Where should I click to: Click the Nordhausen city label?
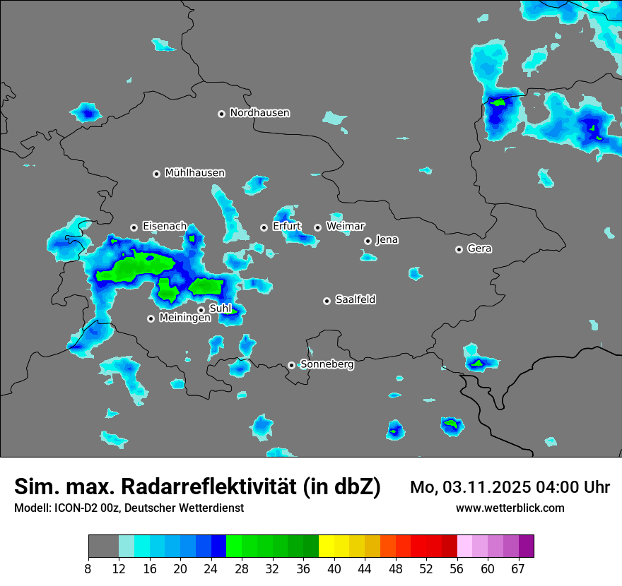coord(259,113)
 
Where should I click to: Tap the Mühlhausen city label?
coord(194,173)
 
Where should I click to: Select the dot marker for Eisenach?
coord(134,227)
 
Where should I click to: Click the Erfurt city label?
coord(286,227)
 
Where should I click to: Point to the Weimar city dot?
coord(317,227)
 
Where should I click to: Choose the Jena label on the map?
coord(387,240)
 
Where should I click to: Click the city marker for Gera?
coord(459,249)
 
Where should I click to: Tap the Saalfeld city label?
coord(355,300)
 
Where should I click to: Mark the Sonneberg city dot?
coord(291,365)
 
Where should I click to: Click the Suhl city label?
coord(220,309)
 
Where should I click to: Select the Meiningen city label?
coord(184,318)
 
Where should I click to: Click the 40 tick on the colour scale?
coord(334,569)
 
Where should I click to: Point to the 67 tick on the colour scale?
coord(518,569)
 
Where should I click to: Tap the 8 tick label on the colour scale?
coord(88,569)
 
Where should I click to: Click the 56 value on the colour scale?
coord(457,569)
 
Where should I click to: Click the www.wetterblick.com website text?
coord(510,508)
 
